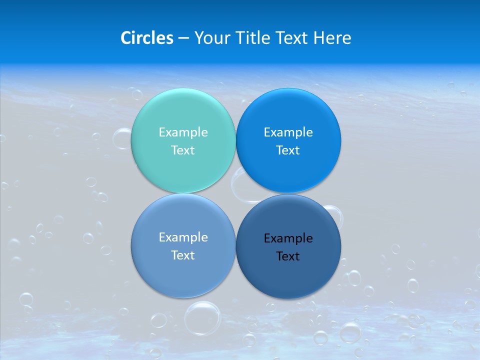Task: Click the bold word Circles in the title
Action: click(146, 38)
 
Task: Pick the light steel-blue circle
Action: click(183, 275)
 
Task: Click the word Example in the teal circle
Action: click(183, 132)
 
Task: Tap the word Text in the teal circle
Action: click(183, 150)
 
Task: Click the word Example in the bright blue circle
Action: click(288, 132)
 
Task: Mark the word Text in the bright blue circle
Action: click(288, 150)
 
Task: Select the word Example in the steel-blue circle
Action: click(183, 237)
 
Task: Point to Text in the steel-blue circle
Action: click(183, 255)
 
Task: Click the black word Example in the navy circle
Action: click(288, 238)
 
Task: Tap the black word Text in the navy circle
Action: click(288, 256)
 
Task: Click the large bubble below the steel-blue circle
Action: click(202, 317)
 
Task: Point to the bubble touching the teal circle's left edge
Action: click(122, 138)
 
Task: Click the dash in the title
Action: click(183, 38)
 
